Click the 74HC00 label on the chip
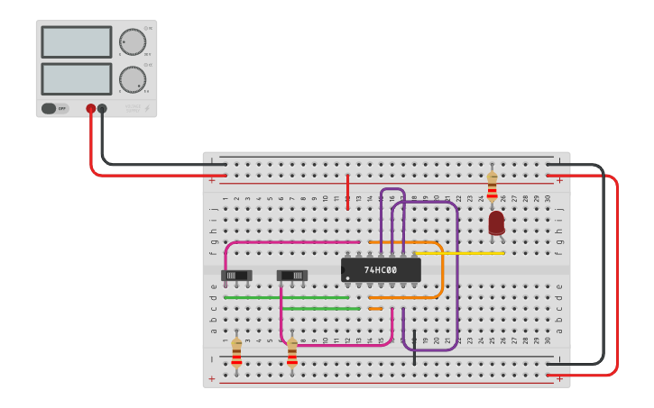tap(381, 269)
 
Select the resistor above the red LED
tap(492, 186)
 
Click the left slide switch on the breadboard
tap(236, 275)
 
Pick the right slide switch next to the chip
tap(291, 275)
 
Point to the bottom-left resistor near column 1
tap(236, 352)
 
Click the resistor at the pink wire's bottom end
tap(291, 352)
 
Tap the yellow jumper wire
tap(460, 253)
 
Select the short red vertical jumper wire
tap(347, 191)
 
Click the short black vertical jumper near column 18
tap(414, 347)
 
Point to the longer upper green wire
tap(286, 297)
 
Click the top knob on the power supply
tap(132, 41)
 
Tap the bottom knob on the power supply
tap(132, 79)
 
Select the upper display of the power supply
tap(77, 42)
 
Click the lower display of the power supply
tap(77, 79)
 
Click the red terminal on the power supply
tap(90, 109)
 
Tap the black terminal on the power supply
tap(102, 109)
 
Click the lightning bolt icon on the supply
tap(148, 109)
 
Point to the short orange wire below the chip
tap(375, 308)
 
